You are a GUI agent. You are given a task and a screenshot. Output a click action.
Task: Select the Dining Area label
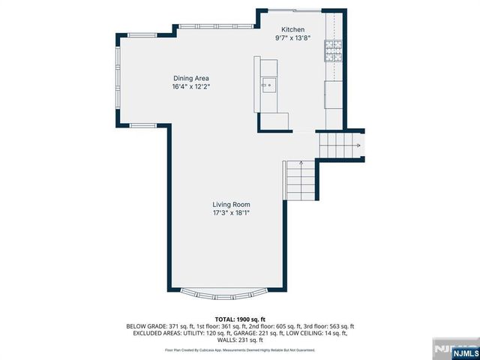(191, 78)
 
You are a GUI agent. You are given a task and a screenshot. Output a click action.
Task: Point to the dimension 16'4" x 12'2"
(191, 86)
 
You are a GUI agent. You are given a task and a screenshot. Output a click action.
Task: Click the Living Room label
(230, 204)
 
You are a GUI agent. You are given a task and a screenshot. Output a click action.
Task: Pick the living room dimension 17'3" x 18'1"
(230, 213)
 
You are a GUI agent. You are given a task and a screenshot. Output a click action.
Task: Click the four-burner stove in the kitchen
(333, 50)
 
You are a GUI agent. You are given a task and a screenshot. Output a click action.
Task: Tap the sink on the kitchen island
(267, 85)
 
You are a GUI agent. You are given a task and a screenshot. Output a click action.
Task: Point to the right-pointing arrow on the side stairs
(358, 145)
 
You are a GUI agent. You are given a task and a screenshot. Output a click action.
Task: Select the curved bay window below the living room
(227, 290)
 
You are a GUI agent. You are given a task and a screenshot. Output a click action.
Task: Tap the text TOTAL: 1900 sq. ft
(239, 320)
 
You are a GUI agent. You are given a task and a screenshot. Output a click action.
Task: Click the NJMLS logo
(460, 349)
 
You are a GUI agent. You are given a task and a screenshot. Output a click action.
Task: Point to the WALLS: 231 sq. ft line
(239, 340)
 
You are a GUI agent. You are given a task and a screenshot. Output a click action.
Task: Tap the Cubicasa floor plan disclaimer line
(239, 350)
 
